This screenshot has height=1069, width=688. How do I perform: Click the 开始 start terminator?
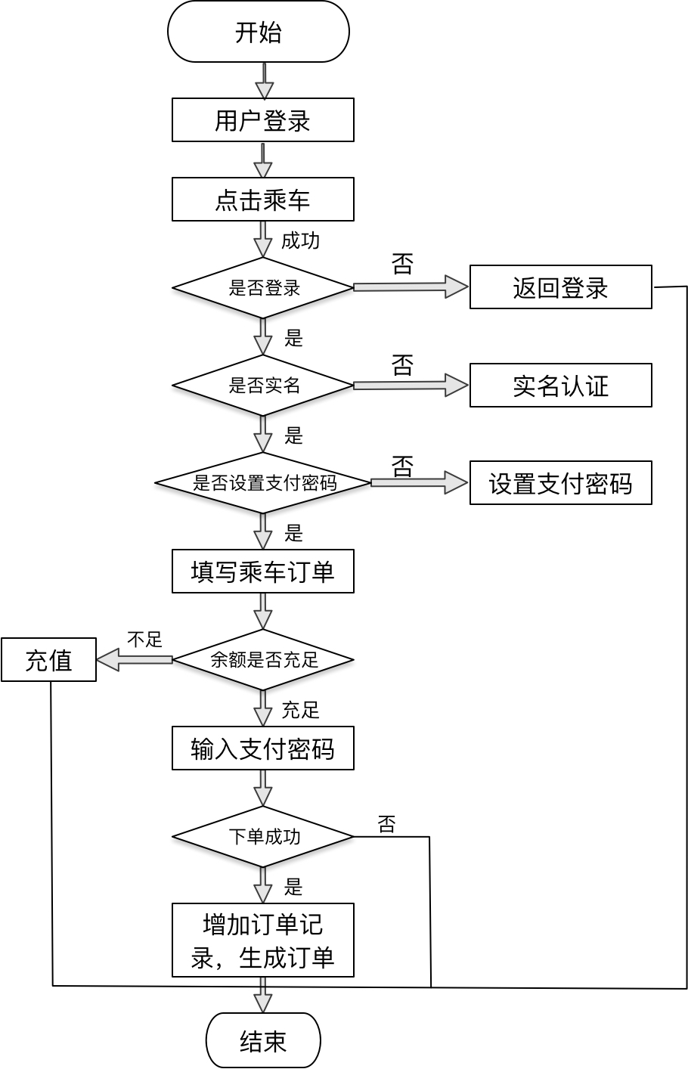click(x=259, y=32)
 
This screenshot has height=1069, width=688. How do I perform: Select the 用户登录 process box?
click(x=263, y=120)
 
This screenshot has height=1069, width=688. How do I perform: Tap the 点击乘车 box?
click(x=263, y=200)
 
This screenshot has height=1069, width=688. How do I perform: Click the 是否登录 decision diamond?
click(x=263, y=288)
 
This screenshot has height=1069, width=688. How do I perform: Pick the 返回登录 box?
click(x=560, y=287)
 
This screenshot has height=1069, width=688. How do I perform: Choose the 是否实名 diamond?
click(x=263, y=386)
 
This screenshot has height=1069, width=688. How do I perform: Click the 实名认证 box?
click(x=560, y=386)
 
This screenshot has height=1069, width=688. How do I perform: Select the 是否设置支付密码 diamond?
click(x=263, y=483)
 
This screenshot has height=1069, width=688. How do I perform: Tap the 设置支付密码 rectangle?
click(x=560, y=483)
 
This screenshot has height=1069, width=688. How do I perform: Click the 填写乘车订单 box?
click(x=263, y=572)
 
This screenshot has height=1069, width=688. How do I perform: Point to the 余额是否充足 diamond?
click(x=263, y=660)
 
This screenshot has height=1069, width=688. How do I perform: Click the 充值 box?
click(x=48, y=660)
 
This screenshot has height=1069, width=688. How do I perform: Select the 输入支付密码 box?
click(x=263, y=748)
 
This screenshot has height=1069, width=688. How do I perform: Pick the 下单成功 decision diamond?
click(x=263, y=837)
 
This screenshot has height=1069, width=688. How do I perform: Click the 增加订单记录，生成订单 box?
click(x=263, y=940)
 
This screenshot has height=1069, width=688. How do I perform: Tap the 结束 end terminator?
click(x=263, y=1040)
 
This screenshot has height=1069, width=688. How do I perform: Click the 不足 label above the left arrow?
click(x=144, y=640)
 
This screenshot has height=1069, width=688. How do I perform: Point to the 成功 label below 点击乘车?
click(x=300, y=241)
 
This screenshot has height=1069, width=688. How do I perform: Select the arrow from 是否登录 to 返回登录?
click(x=411, y=287)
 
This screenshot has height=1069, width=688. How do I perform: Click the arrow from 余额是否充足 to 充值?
click(x=135, y=659)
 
